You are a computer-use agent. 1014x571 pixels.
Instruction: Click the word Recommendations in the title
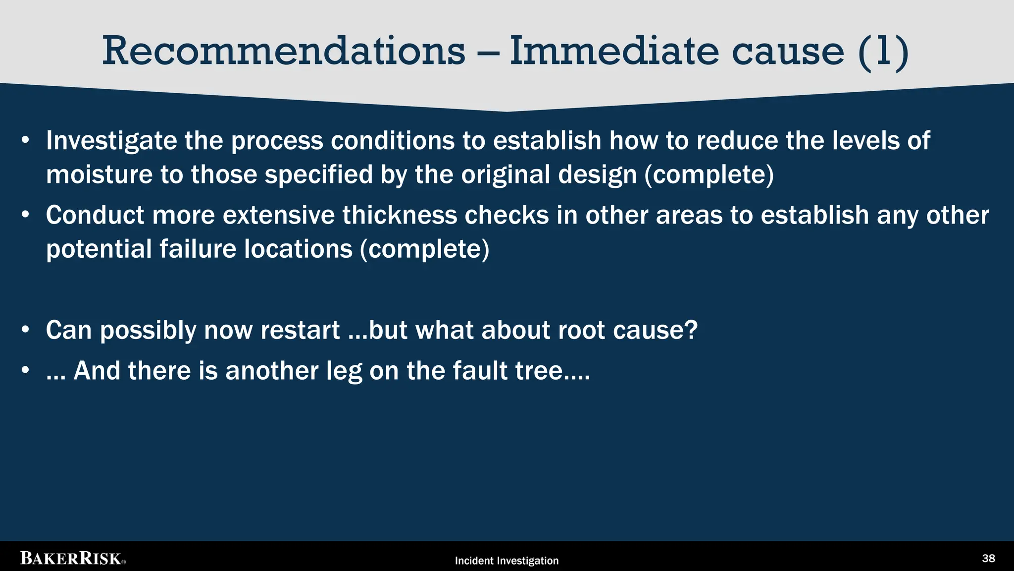(284, 51)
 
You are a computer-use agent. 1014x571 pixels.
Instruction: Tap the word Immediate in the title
(614, 51)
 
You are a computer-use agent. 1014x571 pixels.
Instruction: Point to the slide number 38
(988, 559)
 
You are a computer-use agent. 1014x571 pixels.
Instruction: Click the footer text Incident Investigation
(507, 561)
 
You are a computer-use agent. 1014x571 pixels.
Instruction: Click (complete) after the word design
(709, 174)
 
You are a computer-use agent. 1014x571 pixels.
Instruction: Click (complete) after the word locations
(424, 249)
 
